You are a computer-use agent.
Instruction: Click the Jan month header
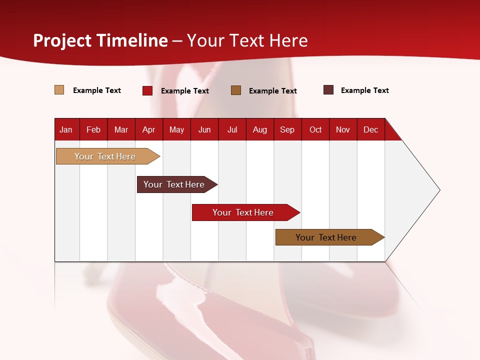pyautogui.click(x=66, y=129)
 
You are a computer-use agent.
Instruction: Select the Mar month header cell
pyautogui.click(x=121, y=129)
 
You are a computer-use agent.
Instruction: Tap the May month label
pyautogui.click(x=176, y=129)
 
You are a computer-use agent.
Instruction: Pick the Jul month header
pyautogui.click(x=232, y=129)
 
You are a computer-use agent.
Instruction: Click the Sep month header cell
pyautogui.click(x=287, y=129)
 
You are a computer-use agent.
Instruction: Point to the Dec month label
pyautogui.click(x=370, y=129)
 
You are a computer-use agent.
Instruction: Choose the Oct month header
pyautogui.click(x=315, y=129)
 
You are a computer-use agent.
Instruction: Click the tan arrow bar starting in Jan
pyautogui.click(x=105, y=156)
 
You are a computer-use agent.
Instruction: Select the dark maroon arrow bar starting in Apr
pyautogui.click(x=174, y=184)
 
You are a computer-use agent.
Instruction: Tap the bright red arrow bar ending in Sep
pyautogui.click(x=243, y=212)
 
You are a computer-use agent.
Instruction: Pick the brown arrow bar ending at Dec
pyautogui.click(x=326, y=237)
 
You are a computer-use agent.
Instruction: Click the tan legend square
pyautogui.click(x=59, y=90)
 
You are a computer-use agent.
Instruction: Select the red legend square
pyautogui.click(x=147, y=90)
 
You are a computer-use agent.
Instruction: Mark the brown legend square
pyautogui.click(x=236, y=90)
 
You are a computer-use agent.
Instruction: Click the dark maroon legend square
pyautogui.click(x=328, y=90)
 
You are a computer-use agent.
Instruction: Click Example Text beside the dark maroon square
pyautogui.click(x=364, y=90)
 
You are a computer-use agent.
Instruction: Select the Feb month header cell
pyautogui.click(x=93, y=129)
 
